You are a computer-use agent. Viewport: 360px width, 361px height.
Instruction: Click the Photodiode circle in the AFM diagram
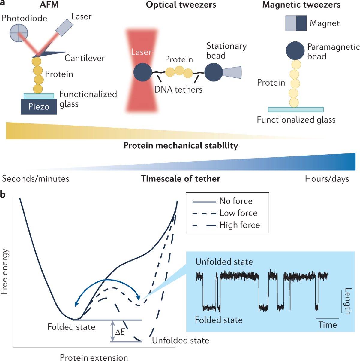[x=19, y=33]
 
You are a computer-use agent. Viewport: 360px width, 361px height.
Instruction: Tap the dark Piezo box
[x=39, y=107]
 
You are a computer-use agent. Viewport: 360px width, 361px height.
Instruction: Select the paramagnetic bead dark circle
[x=295, y=51]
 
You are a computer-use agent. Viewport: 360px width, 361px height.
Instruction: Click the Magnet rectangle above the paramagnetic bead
[x=296, y=23]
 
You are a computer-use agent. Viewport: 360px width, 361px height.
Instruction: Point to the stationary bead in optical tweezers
[x=214, y=72]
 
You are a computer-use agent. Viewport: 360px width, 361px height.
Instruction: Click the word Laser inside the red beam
[x=141, y=52]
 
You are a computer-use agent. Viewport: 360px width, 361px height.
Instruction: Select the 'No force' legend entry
[x=236, y=201]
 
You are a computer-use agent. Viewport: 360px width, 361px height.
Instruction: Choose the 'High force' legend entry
[x=239, y=225]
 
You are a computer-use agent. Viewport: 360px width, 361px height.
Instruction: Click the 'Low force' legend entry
[x=238, y=213]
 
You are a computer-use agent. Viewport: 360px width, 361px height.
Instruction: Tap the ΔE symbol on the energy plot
[x=120, y=332]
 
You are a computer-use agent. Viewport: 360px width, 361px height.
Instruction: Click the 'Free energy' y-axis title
[x=4, y=271]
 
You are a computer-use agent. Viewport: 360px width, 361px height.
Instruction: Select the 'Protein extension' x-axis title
[x=94, y=357]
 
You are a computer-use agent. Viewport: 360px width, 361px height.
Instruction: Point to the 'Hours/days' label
[x=327, y=179]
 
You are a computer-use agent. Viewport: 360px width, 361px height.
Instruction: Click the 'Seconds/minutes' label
[x=36, y=179]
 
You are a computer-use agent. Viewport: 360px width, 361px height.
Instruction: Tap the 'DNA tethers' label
[x=178, y=89]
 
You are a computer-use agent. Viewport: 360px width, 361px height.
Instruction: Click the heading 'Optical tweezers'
[x=181, y=5]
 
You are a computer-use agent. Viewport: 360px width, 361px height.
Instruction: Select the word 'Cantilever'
[x=85, y=58]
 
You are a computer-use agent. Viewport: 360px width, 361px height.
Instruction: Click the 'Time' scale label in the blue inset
[x=328, y=325]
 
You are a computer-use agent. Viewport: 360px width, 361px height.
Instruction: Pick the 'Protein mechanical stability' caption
[x=181, y=146]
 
